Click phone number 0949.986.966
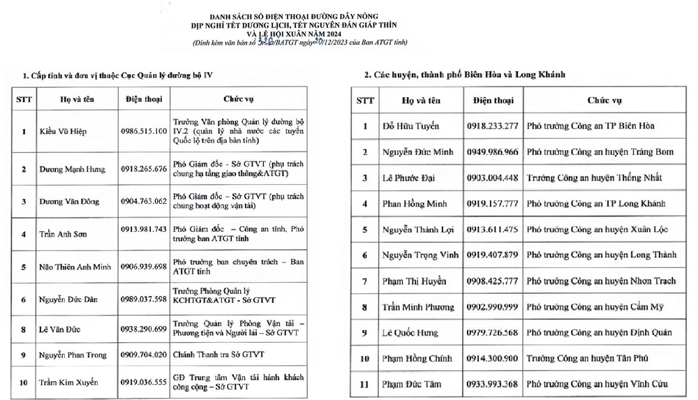(492, 152)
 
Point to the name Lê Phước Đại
(409, 177)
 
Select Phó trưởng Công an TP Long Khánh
(592, 204)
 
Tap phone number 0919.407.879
(492, 255)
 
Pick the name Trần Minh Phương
(418, 307)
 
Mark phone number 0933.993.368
(492, 384)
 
